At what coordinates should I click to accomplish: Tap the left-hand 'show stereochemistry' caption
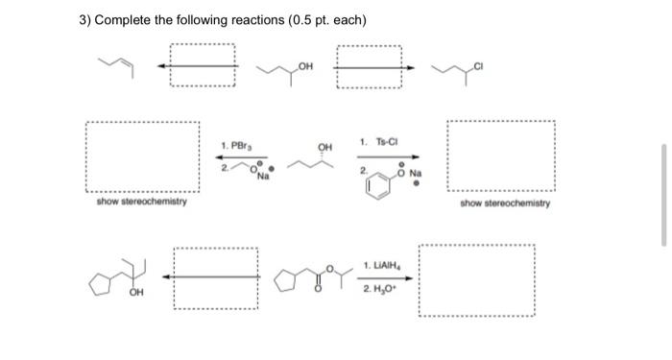coord(142,203)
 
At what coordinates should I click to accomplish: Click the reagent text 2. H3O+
coord(382,289)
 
